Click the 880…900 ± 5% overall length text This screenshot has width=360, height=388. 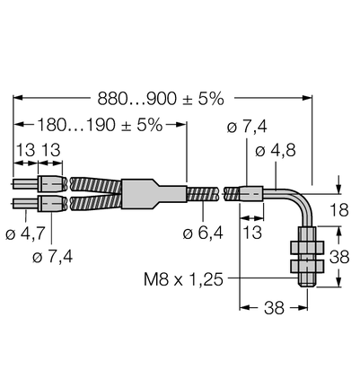click(161, 99)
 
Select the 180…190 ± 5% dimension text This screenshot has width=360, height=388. click(100, 125)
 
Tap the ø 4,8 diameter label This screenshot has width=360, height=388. click(276, 151)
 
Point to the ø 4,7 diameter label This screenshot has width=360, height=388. click(25, 234)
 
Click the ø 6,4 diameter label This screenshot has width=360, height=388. click(203, 233)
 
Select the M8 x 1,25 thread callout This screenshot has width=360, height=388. click(183, 279)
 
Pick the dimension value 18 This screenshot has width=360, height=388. click(339, 210)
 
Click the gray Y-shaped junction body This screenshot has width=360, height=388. click(154, 193)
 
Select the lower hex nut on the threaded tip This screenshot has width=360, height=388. click(307, 266)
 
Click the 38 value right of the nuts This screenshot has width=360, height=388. click(339, 257)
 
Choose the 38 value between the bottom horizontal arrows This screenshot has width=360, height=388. click(274, 308)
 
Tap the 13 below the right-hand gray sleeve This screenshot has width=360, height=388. click(252, 233)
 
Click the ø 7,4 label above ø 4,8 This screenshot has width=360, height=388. click(247, 127)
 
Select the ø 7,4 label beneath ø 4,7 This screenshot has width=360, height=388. click(53, 257)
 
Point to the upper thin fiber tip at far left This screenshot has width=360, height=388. click(25, 184)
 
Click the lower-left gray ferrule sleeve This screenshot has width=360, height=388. click(52, 203)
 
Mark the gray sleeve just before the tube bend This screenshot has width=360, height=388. click(250, 193)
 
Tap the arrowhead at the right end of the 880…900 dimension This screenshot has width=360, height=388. click(307, 98)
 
